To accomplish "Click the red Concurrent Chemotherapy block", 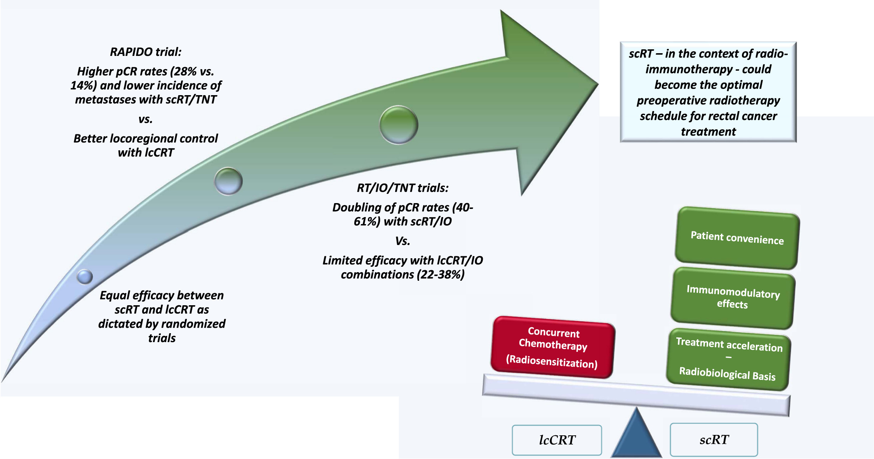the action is [x=552, y=347].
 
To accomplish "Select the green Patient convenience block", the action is [x=737, y=238].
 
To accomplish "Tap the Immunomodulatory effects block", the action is [x=733, y=298].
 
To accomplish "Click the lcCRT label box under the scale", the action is [x=557, y=440].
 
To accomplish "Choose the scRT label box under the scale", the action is [x=714, y=440].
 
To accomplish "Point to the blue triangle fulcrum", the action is [x=636, y=433].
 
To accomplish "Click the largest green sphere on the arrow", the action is [x=399, y=125].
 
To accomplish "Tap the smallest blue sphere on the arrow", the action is [x=85, y=276].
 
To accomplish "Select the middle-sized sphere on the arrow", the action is [x=228, y=181].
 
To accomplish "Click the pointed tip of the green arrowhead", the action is [x=598, y=83].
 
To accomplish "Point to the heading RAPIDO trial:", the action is [x=146, y=52].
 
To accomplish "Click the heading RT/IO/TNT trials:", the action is [x=403, y=188].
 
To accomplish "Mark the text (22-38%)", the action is [x=440, y=275].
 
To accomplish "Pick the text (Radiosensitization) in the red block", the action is [x=552, y=361].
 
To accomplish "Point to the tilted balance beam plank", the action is [x=636, y=395].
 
